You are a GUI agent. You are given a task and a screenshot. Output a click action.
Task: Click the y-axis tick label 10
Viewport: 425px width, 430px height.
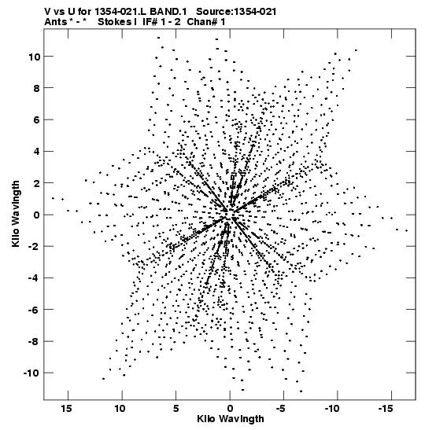tap(34, 57)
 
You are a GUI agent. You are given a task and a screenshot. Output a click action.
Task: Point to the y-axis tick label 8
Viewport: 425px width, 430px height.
tap(37, 88)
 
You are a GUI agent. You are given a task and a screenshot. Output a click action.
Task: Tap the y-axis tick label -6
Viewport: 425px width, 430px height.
tap(34, 310)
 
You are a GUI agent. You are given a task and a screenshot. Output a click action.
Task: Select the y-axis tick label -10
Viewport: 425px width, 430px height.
tap(31, 373)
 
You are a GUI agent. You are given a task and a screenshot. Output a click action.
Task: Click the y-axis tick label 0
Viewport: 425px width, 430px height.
tap(37, 215)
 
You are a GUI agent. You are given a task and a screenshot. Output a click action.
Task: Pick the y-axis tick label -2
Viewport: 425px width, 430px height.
tap(34, 247)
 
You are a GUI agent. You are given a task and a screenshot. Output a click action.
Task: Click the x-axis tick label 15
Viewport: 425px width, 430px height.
tap(66, 409)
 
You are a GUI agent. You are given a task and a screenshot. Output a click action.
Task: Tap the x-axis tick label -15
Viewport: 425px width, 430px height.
tap(385, 409)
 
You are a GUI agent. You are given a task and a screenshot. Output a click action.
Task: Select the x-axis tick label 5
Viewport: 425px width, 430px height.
tap(176, 409)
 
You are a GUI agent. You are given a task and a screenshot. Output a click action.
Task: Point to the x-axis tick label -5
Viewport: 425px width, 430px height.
tap(281, 409)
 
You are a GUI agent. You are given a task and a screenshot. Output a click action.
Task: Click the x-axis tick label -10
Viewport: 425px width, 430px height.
tap(331, 409)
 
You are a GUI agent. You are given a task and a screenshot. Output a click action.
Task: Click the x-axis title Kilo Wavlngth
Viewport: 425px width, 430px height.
tap(231, 419)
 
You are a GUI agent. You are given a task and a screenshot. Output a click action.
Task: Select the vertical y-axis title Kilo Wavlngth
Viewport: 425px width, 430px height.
tap(16, 214)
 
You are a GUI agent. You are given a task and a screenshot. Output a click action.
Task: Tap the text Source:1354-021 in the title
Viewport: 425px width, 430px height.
tap(236, 12)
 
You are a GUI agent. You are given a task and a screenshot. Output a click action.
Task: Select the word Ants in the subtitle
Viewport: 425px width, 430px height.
tap(55, 22)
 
